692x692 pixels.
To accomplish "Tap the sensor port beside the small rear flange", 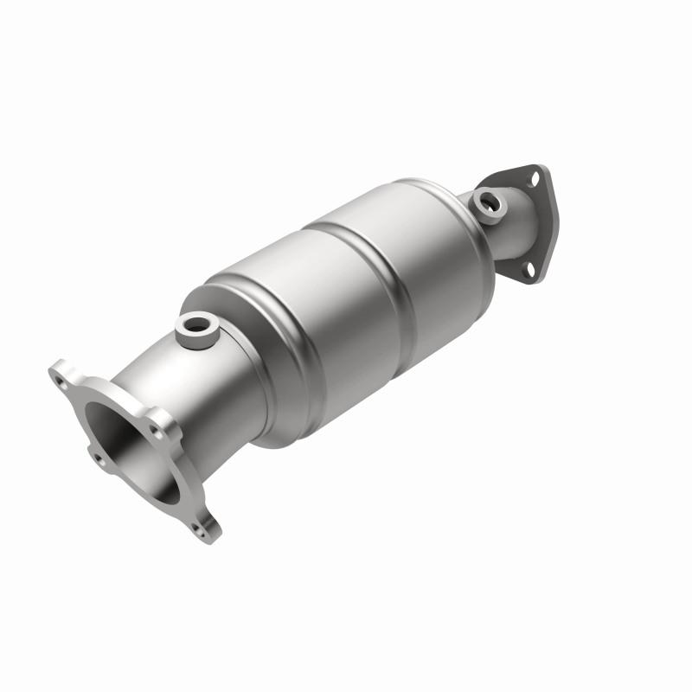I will click(489, 203).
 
